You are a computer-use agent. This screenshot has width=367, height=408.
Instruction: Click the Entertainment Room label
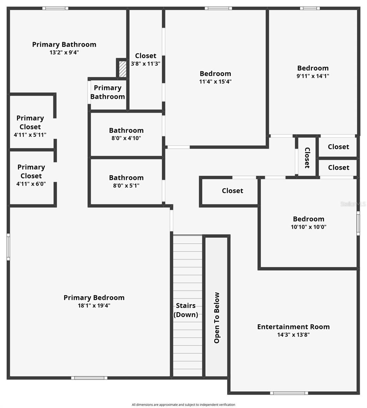pos(293,327)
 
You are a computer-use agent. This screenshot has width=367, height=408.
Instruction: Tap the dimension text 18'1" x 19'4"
pos(94,306)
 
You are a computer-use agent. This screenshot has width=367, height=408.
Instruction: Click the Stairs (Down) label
pos(186,310)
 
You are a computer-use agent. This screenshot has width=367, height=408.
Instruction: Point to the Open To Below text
pos(217,318)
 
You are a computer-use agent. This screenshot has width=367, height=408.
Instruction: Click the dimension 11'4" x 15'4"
pos(215,82)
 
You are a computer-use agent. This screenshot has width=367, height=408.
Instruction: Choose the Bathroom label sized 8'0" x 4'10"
pos(126,130)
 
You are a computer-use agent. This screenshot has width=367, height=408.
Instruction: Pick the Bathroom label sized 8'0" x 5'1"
pos(126,177)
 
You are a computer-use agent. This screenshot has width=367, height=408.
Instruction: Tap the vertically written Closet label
pos(307,158)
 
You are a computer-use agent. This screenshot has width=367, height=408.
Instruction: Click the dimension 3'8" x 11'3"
pos(145,64)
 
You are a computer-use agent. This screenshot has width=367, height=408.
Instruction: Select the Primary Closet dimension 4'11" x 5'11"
pos(30,135)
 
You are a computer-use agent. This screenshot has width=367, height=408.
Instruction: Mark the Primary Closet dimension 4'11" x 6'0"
pos(31,184)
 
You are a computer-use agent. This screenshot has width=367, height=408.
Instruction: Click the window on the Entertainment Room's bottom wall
pos(289,393)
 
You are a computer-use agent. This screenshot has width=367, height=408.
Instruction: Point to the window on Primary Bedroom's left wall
pos(9,247)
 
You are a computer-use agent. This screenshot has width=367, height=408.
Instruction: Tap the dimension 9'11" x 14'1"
pos(313,76)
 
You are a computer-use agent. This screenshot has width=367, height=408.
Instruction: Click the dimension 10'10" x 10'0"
pos(308,227)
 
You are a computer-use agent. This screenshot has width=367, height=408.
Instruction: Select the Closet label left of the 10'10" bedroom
pos(233,191)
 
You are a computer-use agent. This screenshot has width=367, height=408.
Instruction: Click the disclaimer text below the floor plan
pos(183,405)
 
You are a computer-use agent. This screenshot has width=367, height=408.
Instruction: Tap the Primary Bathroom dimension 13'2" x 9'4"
pos(64,52)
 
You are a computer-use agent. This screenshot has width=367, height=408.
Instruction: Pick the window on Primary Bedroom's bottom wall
pos(89,378)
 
